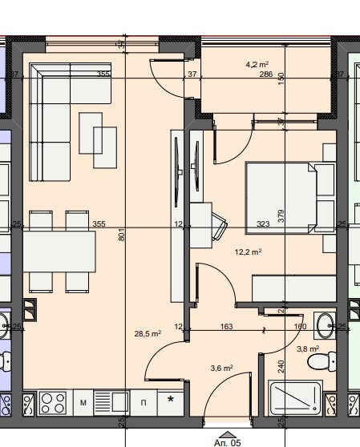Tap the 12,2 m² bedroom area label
[248, 252]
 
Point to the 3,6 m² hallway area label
[221, 368]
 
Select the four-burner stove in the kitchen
[53, 401]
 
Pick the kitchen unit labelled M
[83, 402]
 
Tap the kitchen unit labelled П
[144, 402]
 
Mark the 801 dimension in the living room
[121, 236]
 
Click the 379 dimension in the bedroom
[281, 215]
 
